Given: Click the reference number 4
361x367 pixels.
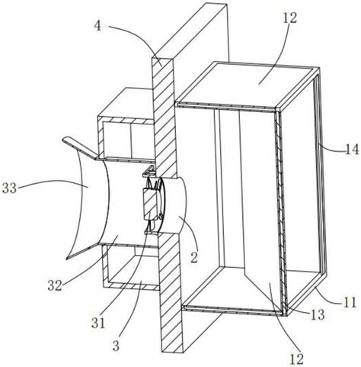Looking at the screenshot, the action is tap(98, 27).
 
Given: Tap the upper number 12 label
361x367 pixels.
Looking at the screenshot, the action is tap(289, 18).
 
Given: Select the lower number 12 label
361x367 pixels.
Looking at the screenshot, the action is tap(296, 359).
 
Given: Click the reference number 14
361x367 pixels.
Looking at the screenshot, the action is tap(352, 150).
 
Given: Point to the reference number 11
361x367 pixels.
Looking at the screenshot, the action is tap(350, 302).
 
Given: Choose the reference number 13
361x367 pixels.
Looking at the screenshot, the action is tap(317, 314).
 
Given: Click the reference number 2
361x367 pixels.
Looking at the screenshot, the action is tap(194, 257).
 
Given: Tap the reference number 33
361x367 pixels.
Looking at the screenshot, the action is tap(9, 188).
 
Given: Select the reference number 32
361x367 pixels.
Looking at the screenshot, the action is tap(55, 286).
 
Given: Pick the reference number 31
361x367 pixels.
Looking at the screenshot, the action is tap(98, 323).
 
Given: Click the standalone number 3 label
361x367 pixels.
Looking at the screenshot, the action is tap(116, 346).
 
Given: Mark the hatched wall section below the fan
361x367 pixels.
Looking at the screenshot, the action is tap(171, 292).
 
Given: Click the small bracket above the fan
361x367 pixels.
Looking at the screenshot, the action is tap(149, 172).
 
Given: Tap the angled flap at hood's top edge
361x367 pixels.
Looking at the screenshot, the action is tap(79, 148).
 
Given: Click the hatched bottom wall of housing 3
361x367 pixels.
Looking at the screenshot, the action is tap(132, 285).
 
